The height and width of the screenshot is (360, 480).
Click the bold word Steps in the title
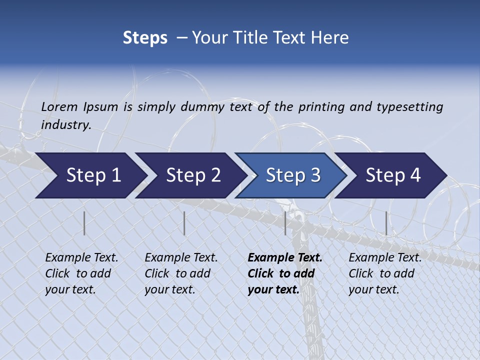(145, 38)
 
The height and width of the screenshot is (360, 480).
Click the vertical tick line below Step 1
(84, 223)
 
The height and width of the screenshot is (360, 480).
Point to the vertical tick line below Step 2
(184, 223)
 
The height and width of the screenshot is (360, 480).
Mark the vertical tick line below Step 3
(285, 223)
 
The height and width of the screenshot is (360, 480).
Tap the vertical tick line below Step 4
(386, 223)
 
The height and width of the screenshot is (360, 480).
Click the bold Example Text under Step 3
(285, 258)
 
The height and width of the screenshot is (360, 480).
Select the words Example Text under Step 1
(81, 258)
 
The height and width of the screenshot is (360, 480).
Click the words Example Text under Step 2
(181, 258)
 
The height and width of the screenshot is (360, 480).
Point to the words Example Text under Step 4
(385, 258)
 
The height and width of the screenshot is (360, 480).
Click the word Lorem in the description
(59, 106)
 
